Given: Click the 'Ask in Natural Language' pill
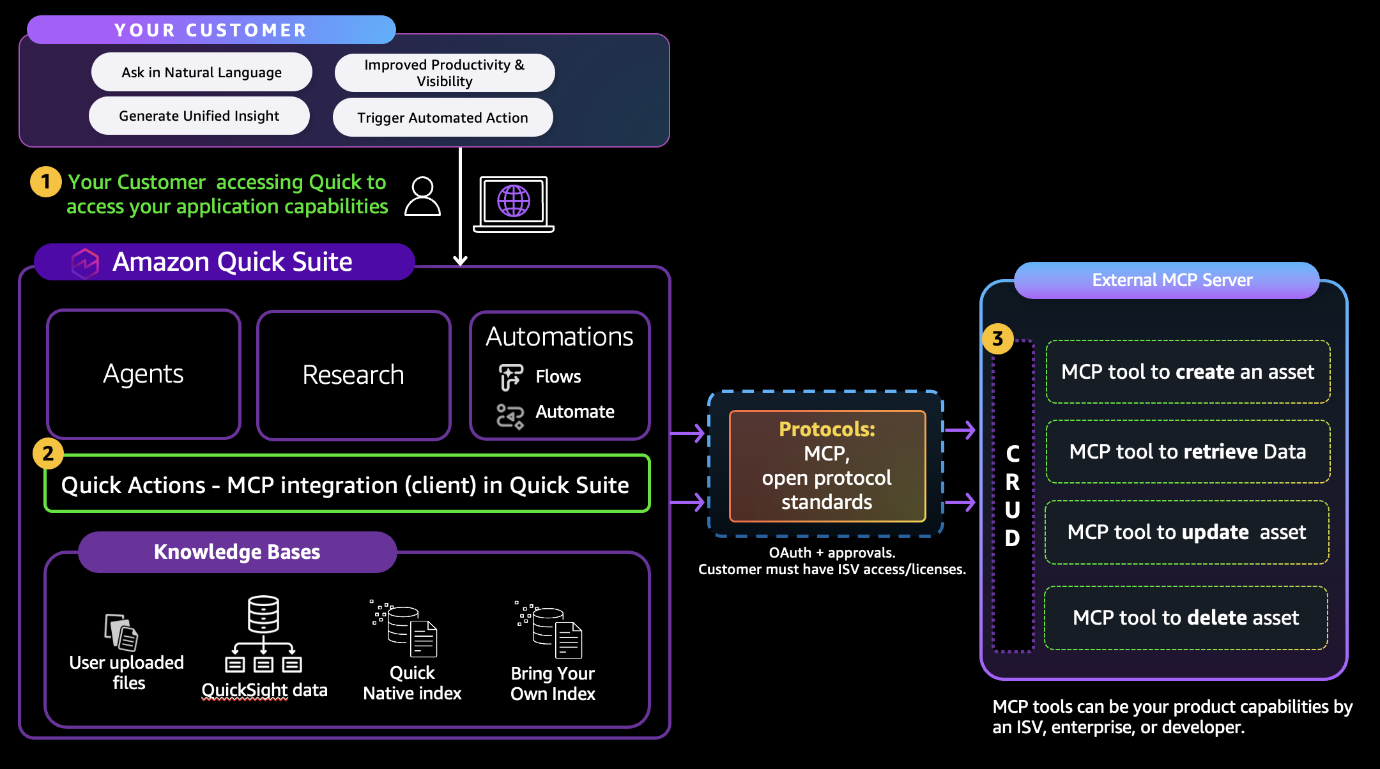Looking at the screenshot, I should coord(201,72).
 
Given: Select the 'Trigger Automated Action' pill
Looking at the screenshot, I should coord(443,118).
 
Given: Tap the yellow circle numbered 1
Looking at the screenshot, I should coord(46,182).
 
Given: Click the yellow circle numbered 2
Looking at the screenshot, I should coord(48,453).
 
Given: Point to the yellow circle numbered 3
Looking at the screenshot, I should coord(998,339).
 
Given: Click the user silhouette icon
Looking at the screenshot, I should coord(423,197).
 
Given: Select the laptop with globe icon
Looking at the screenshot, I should coord(514,204).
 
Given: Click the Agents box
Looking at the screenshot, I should coord(144,374).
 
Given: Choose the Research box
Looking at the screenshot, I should coord(353,375).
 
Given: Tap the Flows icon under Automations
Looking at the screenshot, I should coord(510,377).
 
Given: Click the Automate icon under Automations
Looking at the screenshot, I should coord(510,416).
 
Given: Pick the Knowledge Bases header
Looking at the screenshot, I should coord(237,552).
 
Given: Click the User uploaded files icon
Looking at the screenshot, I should coord(121,632).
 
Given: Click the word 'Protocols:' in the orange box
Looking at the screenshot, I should coord(827,429).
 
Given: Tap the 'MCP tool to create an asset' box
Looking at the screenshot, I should coord(1188,372).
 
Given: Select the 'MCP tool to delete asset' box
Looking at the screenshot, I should coord(1186,618).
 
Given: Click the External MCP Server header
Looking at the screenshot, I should coord(1172,280).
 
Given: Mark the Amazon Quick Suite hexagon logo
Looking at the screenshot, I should coord(85,263).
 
